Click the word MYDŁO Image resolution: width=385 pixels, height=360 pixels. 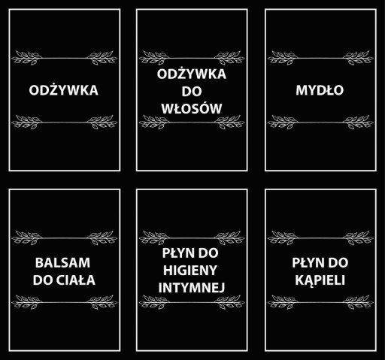(x=320, y=90)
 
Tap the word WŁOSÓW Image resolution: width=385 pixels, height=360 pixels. (x=192, y=108)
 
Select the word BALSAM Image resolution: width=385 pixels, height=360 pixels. (x=62, y=263)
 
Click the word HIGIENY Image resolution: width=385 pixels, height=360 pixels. (x=190, y=271)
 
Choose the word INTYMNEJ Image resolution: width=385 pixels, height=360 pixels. (x=192, y=288)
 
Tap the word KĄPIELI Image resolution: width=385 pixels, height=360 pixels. (x=320, y=280)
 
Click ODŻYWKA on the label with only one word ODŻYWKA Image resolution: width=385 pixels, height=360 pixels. (x=63, y=89)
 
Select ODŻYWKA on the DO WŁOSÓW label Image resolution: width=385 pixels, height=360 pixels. (x=192, y=74)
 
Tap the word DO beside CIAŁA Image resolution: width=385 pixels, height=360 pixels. (x=43, y=280)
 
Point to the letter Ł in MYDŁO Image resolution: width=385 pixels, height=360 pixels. (x=328, y=90)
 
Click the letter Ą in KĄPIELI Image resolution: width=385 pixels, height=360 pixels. (x=310, y=281)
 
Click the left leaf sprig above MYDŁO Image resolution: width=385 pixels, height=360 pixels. (x=282, y=58)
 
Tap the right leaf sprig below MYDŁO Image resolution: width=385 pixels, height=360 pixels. (x=358, y=122)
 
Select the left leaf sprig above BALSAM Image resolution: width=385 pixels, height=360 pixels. (x=26, y=237)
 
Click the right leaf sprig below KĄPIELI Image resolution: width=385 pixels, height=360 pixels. (x=358, y=302)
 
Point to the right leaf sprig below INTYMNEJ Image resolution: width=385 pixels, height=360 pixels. (x=229, y=302)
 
